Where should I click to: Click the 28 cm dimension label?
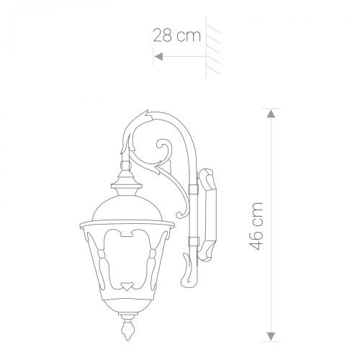(x=176, y=35)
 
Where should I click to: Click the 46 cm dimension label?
(x=256, y=226)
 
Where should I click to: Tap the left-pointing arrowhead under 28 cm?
(x=158, y=57)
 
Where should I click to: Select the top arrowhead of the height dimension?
(x=271, y=114)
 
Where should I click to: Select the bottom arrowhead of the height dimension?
(x=271, y=336)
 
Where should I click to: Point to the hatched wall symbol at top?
(x=213, y=48)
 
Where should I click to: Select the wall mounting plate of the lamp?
(x=207, y=215)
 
